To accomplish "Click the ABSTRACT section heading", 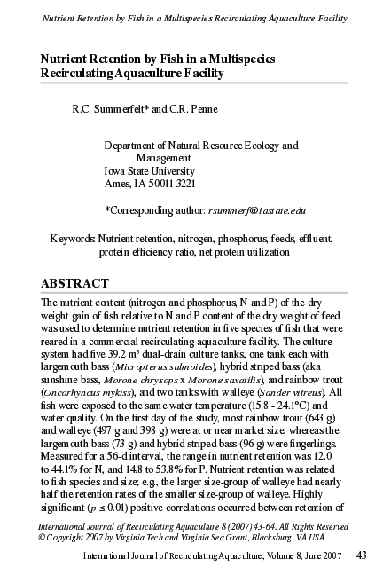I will [x=74, y=283].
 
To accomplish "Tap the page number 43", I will [x=361, y=555].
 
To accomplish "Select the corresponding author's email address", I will [x=256, y=210].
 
